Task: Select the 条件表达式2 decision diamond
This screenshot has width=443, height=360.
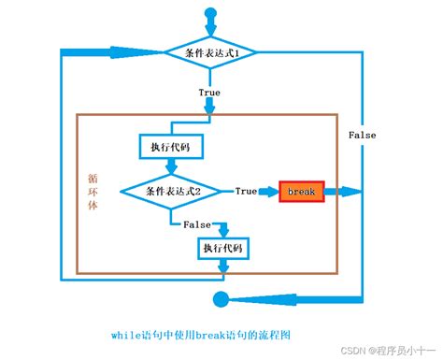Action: point(174,190)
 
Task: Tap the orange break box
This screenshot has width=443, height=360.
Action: point(302,191)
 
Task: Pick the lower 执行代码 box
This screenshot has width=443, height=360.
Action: point(221,248)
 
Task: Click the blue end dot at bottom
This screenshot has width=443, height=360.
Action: point(221,299)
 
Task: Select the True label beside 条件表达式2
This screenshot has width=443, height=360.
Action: point(246,191)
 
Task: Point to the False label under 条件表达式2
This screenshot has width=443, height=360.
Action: point(196,224)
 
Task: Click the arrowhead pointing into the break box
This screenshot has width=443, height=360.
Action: point(271,191)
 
